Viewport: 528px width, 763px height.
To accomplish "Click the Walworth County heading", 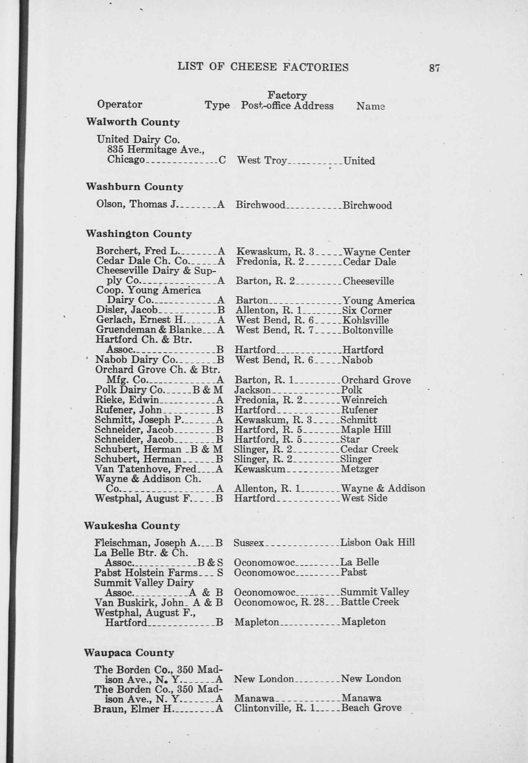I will point(133,122).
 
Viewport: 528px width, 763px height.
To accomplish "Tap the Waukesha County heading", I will point(132,526).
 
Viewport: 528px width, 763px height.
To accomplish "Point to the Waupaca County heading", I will point(129,653).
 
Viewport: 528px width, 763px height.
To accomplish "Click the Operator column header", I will point(119,104).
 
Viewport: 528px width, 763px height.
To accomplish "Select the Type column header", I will point(217,105).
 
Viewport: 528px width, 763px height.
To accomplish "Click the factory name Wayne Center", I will point(377,252).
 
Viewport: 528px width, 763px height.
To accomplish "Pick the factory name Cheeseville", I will point(368,281).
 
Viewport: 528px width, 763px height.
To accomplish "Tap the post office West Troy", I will point(262,161).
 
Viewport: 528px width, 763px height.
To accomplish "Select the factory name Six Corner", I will point(367,311).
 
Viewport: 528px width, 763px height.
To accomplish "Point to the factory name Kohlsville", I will point(365,320).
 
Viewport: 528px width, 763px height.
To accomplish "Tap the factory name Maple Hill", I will point(365,429).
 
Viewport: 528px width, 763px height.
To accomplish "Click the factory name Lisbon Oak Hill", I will point(378,542).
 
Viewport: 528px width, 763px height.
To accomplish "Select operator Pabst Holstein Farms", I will point(146,572).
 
